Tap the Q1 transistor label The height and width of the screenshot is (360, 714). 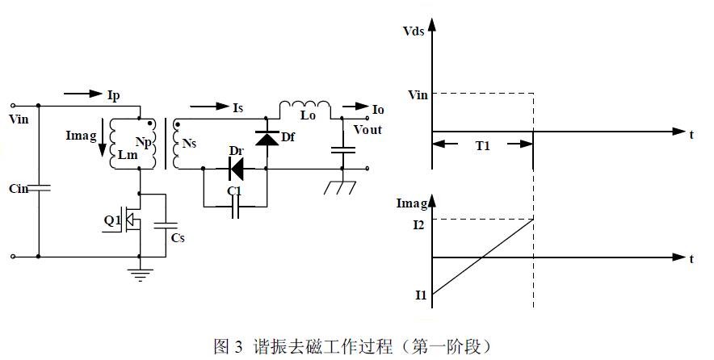[x=111, y=219]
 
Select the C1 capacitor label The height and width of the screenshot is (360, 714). [x=235, y=190]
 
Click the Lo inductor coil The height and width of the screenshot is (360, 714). [x=305, y=107]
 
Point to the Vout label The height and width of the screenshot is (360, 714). [x=367, y=129]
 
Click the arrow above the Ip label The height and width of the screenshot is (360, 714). [x=83, y=94]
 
